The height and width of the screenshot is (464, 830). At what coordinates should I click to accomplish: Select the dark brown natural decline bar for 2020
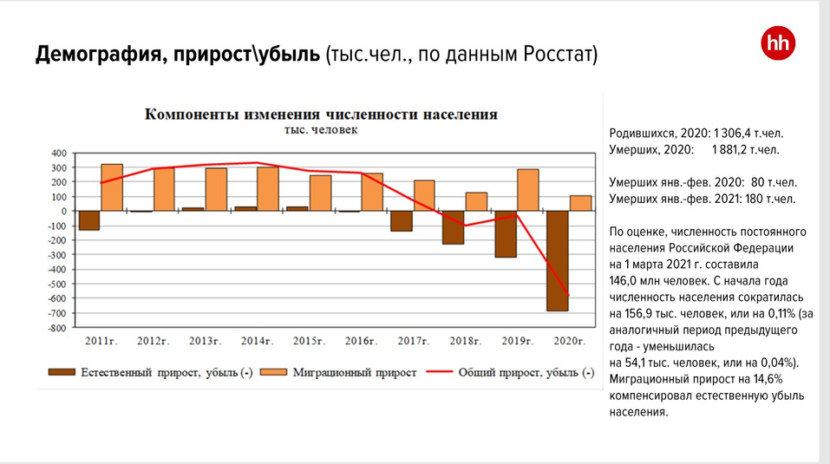(x=557, y=260)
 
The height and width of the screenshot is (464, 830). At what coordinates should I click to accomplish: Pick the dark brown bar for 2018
(x=453, y=227)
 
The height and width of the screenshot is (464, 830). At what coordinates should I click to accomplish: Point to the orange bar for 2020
(x=580, y=203)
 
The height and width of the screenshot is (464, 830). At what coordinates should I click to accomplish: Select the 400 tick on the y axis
(x=58, y=153)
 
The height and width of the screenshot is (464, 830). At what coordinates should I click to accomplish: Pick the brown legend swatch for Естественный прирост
(x=62, y=372)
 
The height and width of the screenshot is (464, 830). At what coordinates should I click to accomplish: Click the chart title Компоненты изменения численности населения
(x=321, y=114)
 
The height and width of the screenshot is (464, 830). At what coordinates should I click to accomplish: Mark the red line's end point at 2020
(x=569, y=296)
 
